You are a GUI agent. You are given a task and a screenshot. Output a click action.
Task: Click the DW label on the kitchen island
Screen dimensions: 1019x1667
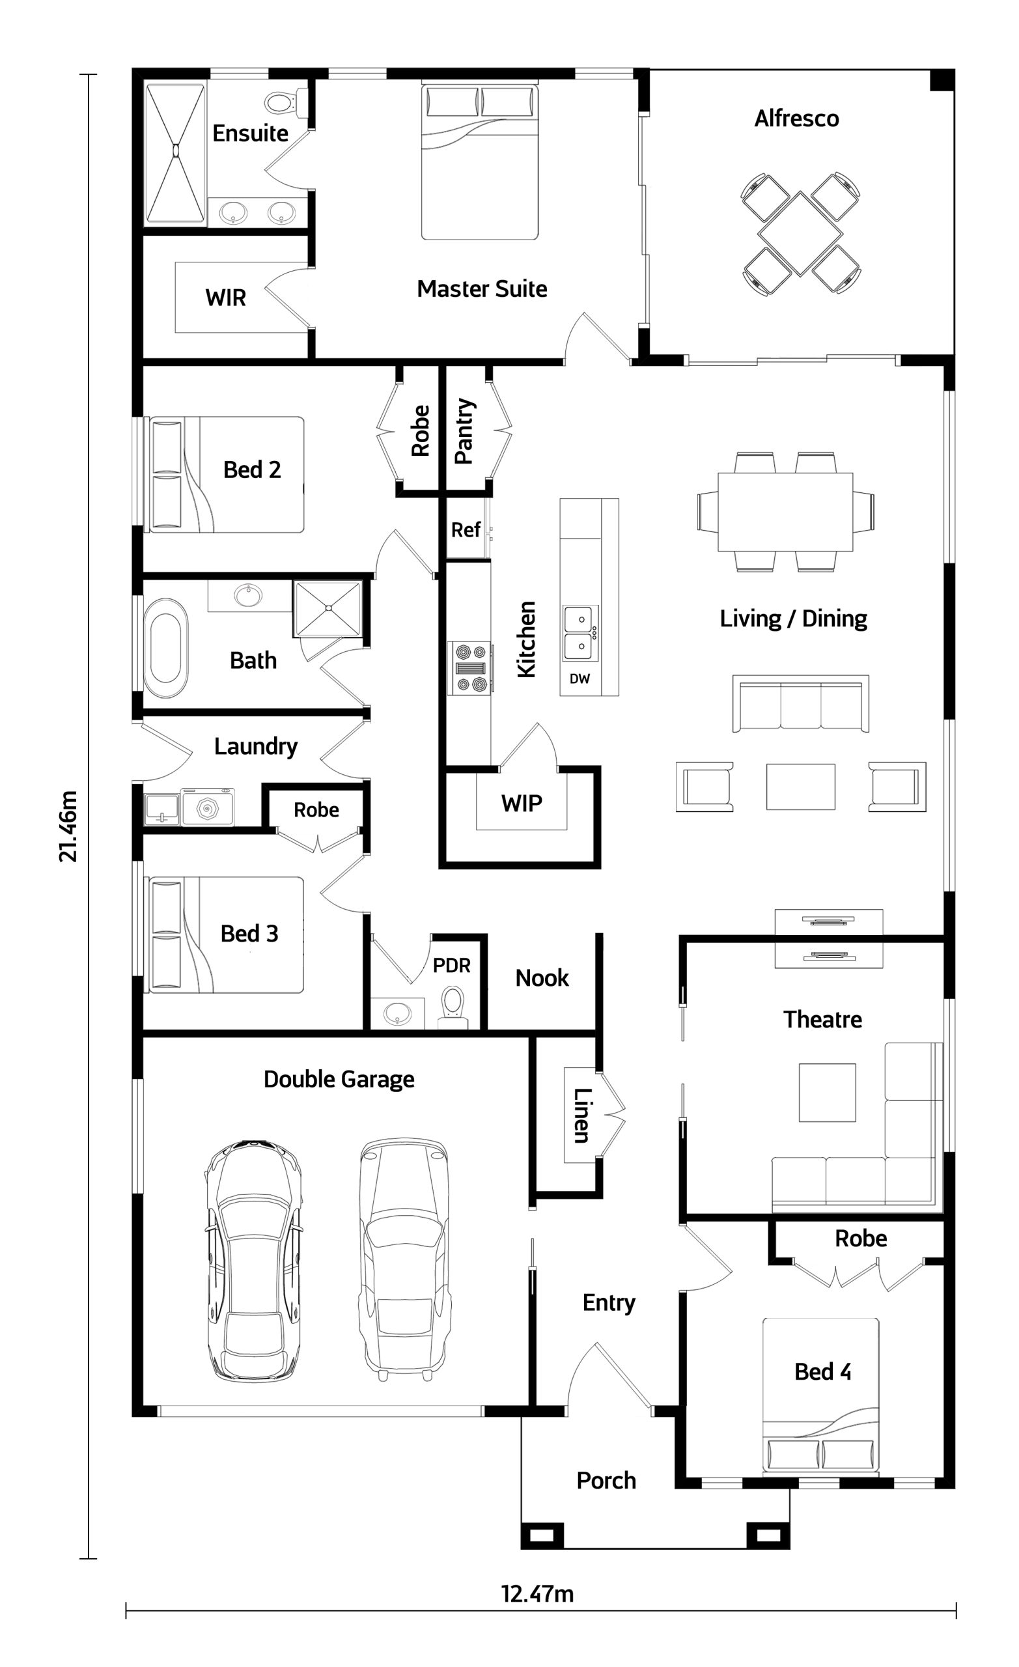(x=579, y=679)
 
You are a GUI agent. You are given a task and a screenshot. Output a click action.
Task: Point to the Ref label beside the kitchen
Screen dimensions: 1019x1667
(x=466, y=530)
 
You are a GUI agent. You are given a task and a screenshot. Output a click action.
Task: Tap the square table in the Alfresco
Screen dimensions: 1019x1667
(x=800, y=234)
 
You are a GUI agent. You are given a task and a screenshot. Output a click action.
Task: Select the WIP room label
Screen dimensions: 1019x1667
(x=522, y=804)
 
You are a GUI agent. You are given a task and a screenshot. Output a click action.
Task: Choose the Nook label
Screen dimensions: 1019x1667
(x=542, y=977)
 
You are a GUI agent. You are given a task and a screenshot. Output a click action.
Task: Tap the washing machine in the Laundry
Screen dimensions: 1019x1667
(x=208, y=807)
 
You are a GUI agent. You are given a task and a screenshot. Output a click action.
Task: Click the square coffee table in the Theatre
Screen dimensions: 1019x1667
(x=828, y=1092)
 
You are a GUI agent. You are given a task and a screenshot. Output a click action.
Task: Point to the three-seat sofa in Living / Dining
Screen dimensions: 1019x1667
(x=801, y=704)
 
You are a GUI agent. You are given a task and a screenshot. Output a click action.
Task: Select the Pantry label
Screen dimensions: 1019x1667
(x=464, y=431)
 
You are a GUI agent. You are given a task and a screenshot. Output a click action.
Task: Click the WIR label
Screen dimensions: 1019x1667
(x=225, y=298)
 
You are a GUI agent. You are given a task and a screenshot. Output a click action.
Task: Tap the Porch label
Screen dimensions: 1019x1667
(x=606, y=1481)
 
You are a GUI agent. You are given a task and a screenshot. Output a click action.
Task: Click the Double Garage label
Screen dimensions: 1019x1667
(x=339, y=1079)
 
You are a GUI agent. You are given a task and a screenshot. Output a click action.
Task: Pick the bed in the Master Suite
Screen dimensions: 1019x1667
(x=480, y=161)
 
